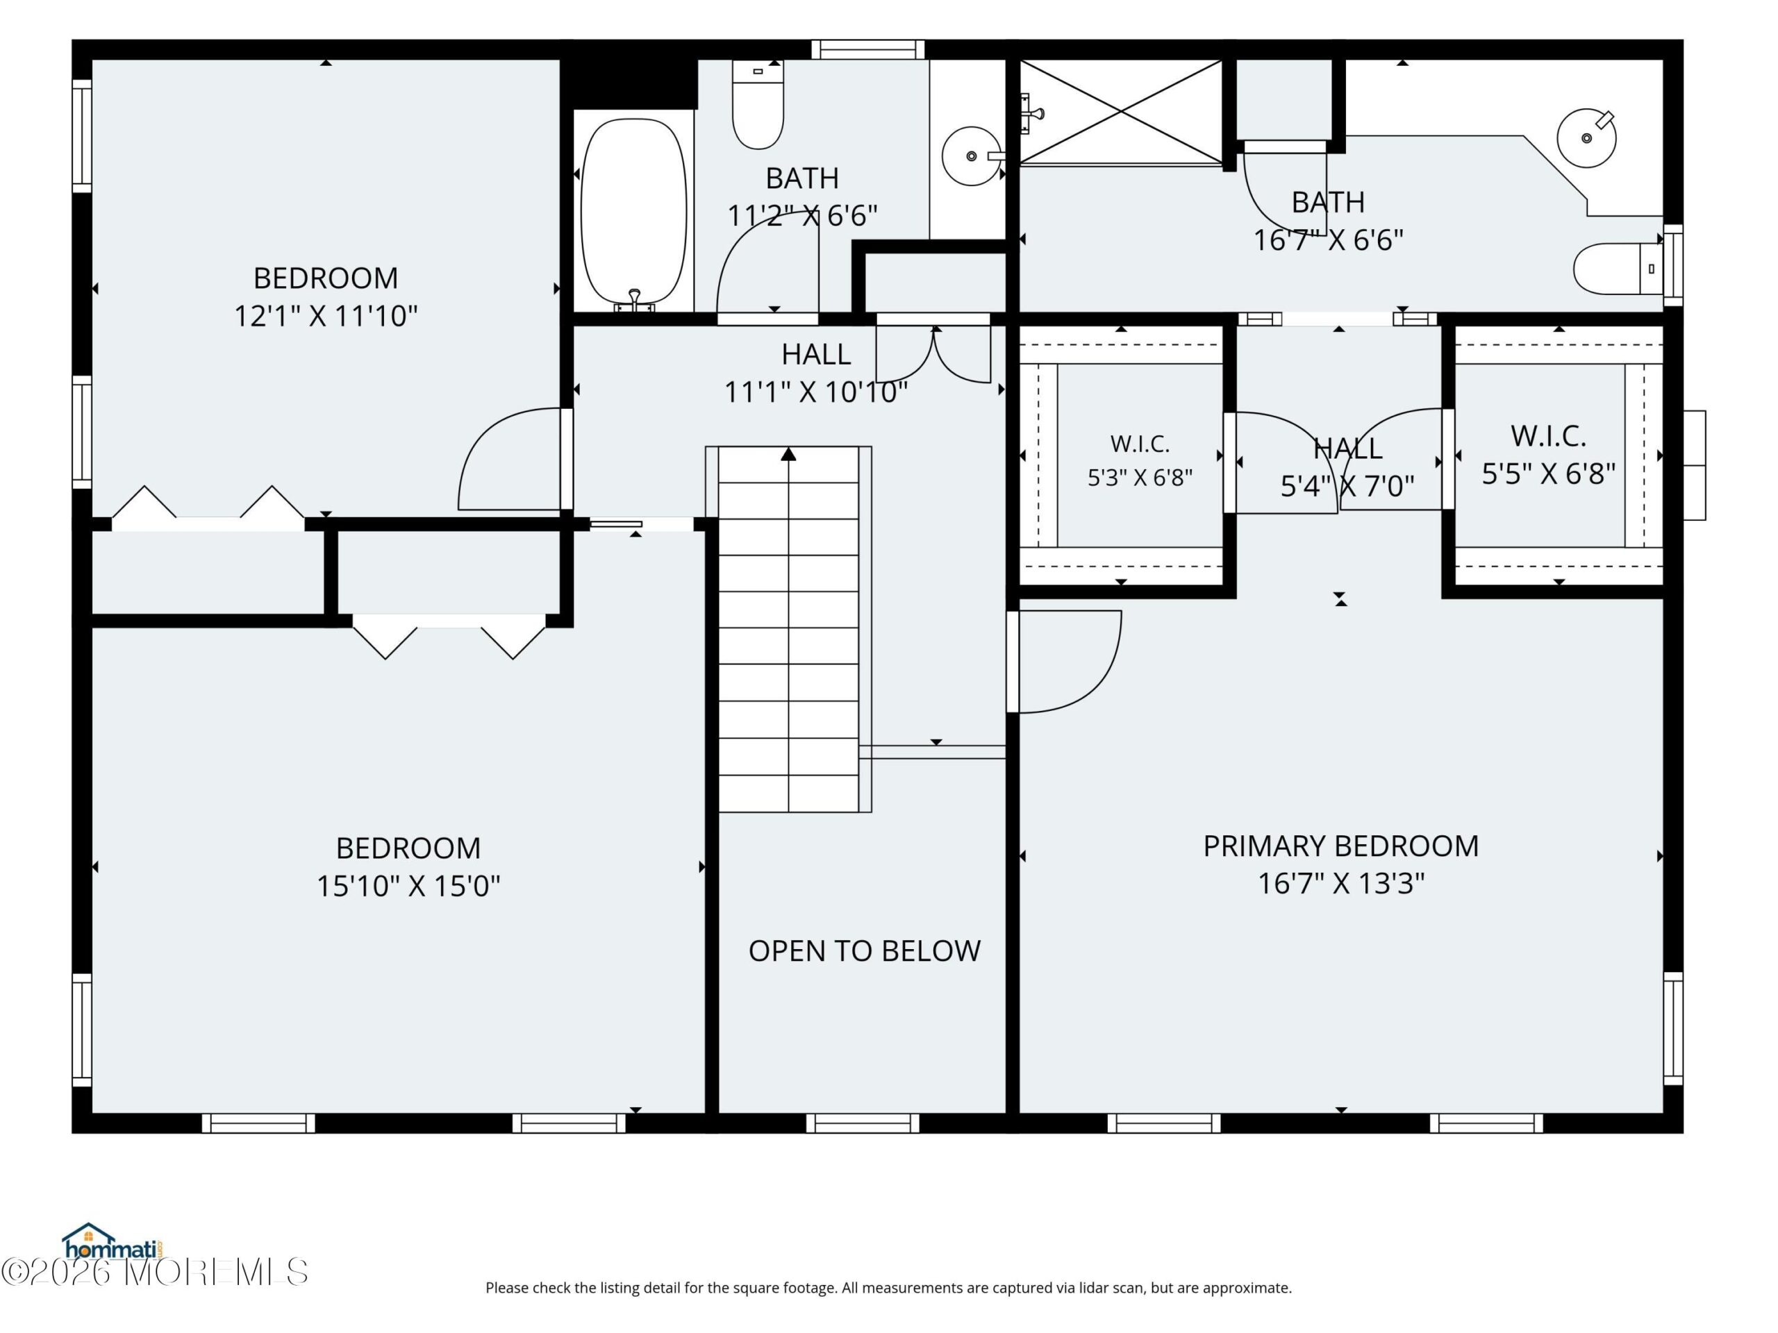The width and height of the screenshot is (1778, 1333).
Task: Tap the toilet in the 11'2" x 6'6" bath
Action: click(x=758, y=104)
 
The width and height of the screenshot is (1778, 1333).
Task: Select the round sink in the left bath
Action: click(x=972, y=156)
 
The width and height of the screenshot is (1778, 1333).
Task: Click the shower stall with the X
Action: click(x=1120, y=112)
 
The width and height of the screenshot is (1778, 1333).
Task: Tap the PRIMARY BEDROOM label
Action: click(x=1340, y=846)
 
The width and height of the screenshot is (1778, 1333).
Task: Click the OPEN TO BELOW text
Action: click(x=864, y=950)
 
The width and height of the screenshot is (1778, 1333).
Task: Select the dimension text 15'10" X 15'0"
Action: click(x=408, y=885)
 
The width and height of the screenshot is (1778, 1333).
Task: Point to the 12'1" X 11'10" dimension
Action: click(x=326, y=316)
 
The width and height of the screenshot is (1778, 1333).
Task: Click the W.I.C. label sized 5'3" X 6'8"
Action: click(x=1140, y=444)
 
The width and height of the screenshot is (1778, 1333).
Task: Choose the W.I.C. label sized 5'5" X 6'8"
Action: click(x=1548, y=436)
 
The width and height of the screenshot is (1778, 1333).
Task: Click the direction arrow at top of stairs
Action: click(x=788, y=455)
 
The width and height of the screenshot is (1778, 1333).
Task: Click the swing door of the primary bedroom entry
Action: click(x=1069, y=661)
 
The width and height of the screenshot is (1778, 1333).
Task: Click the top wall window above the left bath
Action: click(x=867, y=50)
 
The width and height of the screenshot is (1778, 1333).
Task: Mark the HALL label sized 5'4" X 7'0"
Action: click(x=1347, y=448)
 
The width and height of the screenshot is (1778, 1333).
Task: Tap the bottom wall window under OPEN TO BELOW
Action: click(x=863, y=1123)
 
